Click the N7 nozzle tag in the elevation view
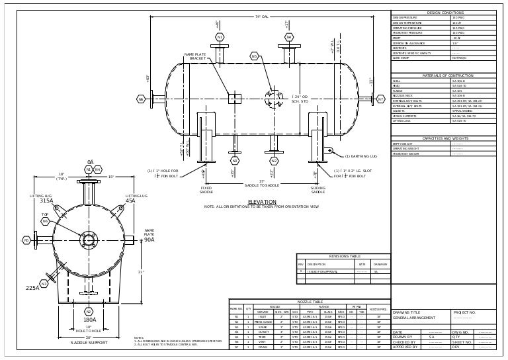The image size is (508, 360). click(380, 99)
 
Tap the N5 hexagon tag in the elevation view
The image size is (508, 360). click(254, 57)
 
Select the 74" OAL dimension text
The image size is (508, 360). click(261, 17)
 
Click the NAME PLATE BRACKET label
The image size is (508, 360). click(197, 56)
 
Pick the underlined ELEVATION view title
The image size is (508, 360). click(261, 201)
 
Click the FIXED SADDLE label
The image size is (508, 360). click(206, 190)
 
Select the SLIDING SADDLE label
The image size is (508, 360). click(318, 190)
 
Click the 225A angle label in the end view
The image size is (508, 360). click(32, 288)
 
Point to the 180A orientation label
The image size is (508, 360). click(89, 320)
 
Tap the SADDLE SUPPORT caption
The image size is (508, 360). click(89, 343)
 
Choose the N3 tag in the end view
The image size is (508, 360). click(44, 283)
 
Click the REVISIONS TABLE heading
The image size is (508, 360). click(345, 256)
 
